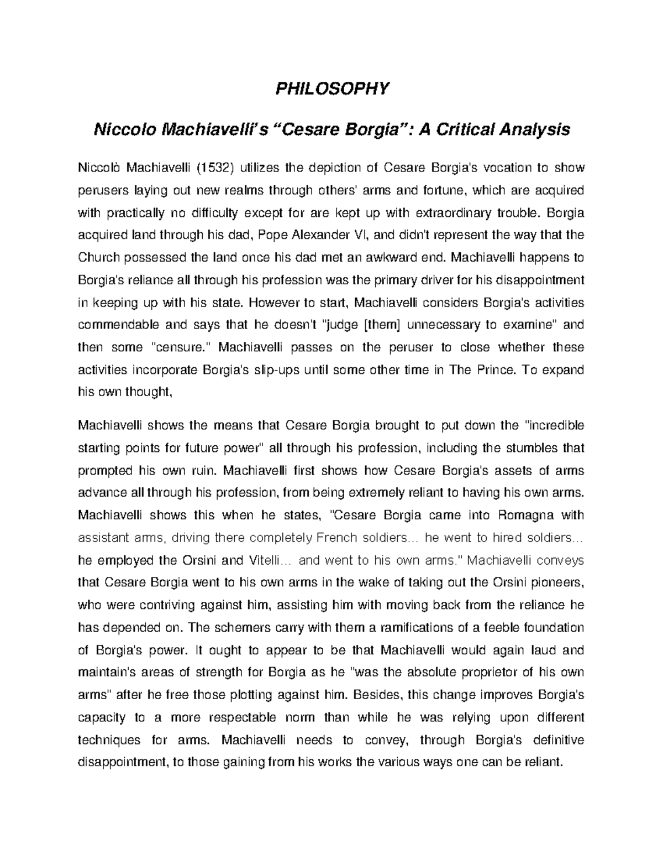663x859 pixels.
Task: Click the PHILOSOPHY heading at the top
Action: point(332,88)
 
